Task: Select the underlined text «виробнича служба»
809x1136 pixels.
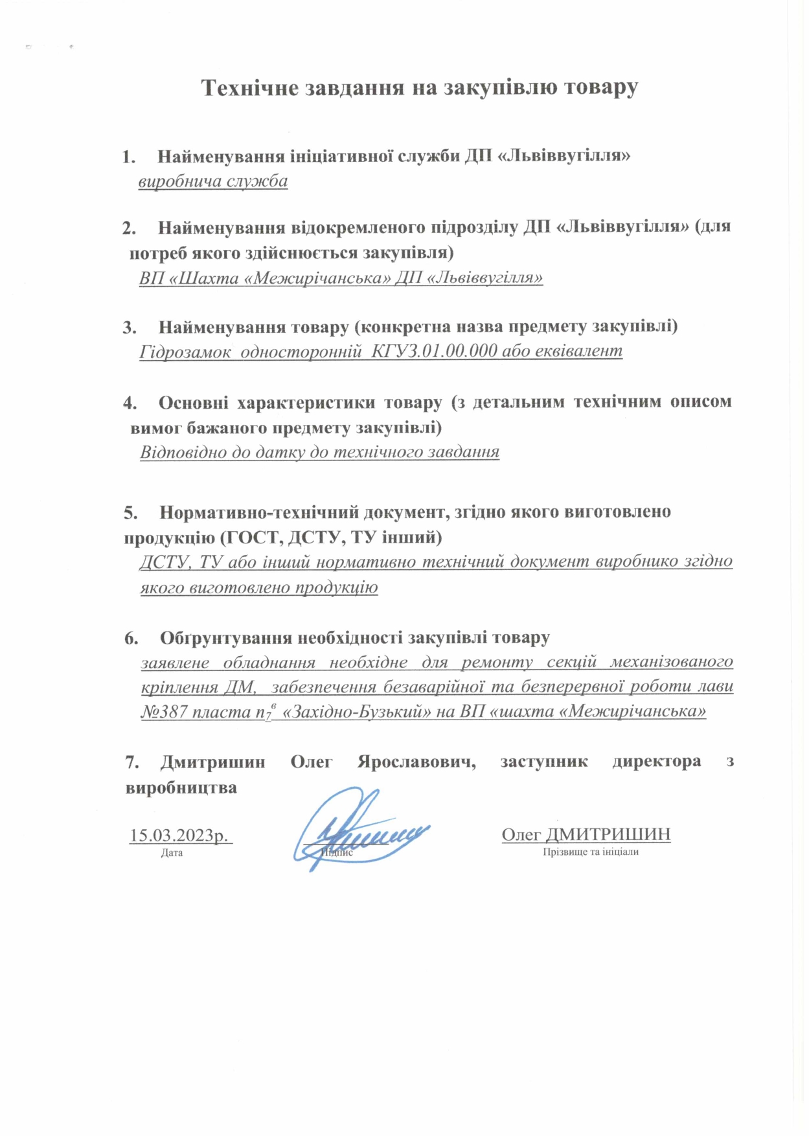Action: pos(212,181)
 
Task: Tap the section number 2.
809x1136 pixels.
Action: pos(129,228)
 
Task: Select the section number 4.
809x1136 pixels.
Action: pos(130,403)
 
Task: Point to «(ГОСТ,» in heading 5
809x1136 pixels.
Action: pos(249,537)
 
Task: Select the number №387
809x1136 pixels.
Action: pos(164,712)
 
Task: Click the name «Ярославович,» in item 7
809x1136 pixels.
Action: pos(416,762)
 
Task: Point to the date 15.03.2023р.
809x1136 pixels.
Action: pos(180,835)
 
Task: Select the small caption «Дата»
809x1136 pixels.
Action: pos(172,853)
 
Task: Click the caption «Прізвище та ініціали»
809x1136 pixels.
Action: pos(591,852)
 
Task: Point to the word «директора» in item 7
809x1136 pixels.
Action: pos(656,762)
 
